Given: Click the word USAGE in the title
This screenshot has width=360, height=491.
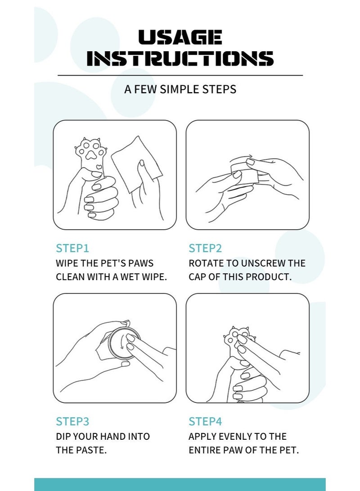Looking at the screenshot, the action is point(180,37).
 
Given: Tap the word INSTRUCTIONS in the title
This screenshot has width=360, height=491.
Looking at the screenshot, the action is point(180,58).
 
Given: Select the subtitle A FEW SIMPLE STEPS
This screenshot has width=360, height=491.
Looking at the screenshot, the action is point(180,89).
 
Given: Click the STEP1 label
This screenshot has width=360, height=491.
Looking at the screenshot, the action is point(72,248).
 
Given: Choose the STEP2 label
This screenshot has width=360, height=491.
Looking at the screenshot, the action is point(205,248).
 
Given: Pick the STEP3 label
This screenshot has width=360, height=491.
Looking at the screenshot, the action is point(72,421).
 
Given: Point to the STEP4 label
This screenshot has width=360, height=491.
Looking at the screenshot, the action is point(205,421).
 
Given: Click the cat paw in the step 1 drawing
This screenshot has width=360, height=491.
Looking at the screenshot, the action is point(91,153).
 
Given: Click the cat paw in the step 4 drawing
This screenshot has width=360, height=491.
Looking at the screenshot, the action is point(240,340).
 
